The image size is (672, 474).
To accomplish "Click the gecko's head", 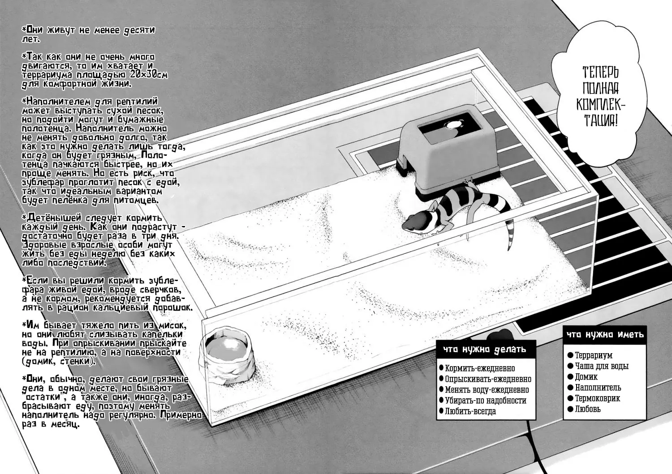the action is click(x=415, y=223).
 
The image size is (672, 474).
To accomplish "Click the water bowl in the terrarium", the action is click(x=227, y=356).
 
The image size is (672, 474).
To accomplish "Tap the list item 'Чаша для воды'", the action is click(x=602, y=366).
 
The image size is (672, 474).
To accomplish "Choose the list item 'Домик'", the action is click(x=586, y=377).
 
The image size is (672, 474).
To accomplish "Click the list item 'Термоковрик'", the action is click(x=597, y=398).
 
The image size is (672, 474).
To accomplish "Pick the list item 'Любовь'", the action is click(x=588, y=409).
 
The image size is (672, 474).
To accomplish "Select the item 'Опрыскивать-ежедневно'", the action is click(x=488, y=379).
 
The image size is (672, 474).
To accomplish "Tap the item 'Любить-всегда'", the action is click(x=470, y=411).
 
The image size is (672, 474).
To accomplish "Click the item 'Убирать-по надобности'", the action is click(x=486, y=401).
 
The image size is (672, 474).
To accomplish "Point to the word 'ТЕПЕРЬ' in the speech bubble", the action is click(x=600, y=72).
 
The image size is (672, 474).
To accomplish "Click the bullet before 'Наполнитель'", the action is click(x=570, y=387).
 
